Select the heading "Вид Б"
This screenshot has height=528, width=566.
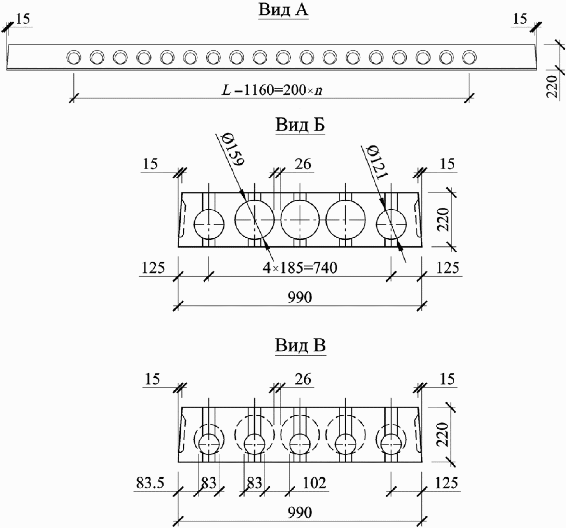click(300, 125)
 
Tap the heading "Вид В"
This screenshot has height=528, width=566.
click(300, 345)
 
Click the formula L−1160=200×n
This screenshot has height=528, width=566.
click(273, 90)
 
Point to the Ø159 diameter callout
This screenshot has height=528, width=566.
click(232, 149)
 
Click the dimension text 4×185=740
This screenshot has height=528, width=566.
click(300, 267)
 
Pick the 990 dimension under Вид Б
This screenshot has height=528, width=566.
click(300, 298)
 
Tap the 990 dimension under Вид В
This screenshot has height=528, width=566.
click(300, 513)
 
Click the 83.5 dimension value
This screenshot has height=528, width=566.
click(150, 483)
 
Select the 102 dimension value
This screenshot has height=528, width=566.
click(314, 483)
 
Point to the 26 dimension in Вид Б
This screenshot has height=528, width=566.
click(303, 164)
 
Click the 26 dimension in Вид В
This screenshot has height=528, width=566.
click(303, 379)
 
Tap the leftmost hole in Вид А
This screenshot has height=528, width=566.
click(74, 57)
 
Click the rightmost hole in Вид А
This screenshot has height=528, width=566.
click(469, 57)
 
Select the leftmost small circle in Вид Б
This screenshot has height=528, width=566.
click(209, 225)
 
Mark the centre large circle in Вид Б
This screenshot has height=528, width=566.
click(300, 219)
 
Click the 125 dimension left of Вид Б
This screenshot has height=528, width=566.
click(153, 268)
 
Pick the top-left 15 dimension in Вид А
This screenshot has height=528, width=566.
click(23, 19)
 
